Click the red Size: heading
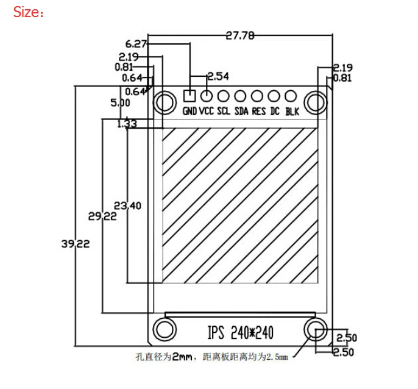tap(29, 13)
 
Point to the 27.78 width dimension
tap(240, 35)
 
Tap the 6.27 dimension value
tap(136, 45)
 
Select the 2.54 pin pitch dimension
tap(218, 77)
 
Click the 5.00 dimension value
tap(120, 103)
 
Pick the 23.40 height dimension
tap(127, 206)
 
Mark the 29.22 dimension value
tap(102, 216)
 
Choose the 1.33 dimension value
tap(127, 124)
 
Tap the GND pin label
tap(190, 111)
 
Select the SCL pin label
tap(224, 111)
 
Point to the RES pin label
tap(258, 111)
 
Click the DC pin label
tap(275, 111)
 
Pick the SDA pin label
tap(241, 111)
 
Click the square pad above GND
tap(190, 96)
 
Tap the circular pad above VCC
tap(207, 96)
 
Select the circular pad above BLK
tap(291, 96)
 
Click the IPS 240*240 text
tap(240, 332)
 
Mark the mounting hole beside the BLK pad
tap(316, 102)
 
